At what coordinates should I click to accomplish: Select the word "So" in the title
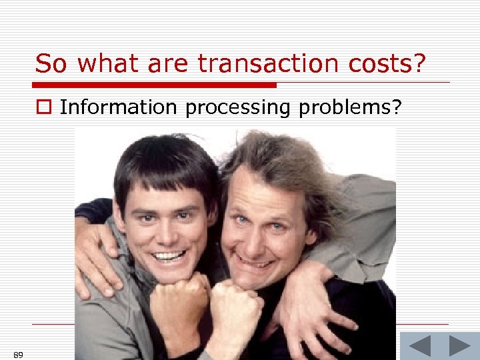49,64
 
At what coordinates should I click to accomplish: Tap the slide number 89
18,355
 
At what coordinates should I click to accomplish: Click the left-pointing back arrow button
419,346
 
